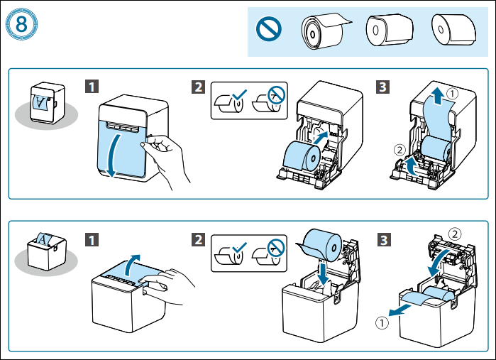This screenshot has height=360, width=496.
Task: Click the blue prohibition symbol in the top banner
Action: (272, 30)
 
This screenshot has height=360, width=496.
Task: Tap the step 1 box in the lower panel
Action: (92, 239)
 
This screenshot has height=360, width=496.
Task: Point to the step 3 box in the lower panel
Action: (382, 239)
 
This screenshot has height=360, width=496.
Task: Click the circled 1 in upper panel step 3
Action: (452, 93)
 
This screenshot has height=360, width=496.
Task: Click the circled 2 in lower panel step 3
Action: (454, 232)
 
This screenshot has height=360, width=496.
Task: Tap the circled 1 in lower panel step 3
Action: (382, 322)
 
